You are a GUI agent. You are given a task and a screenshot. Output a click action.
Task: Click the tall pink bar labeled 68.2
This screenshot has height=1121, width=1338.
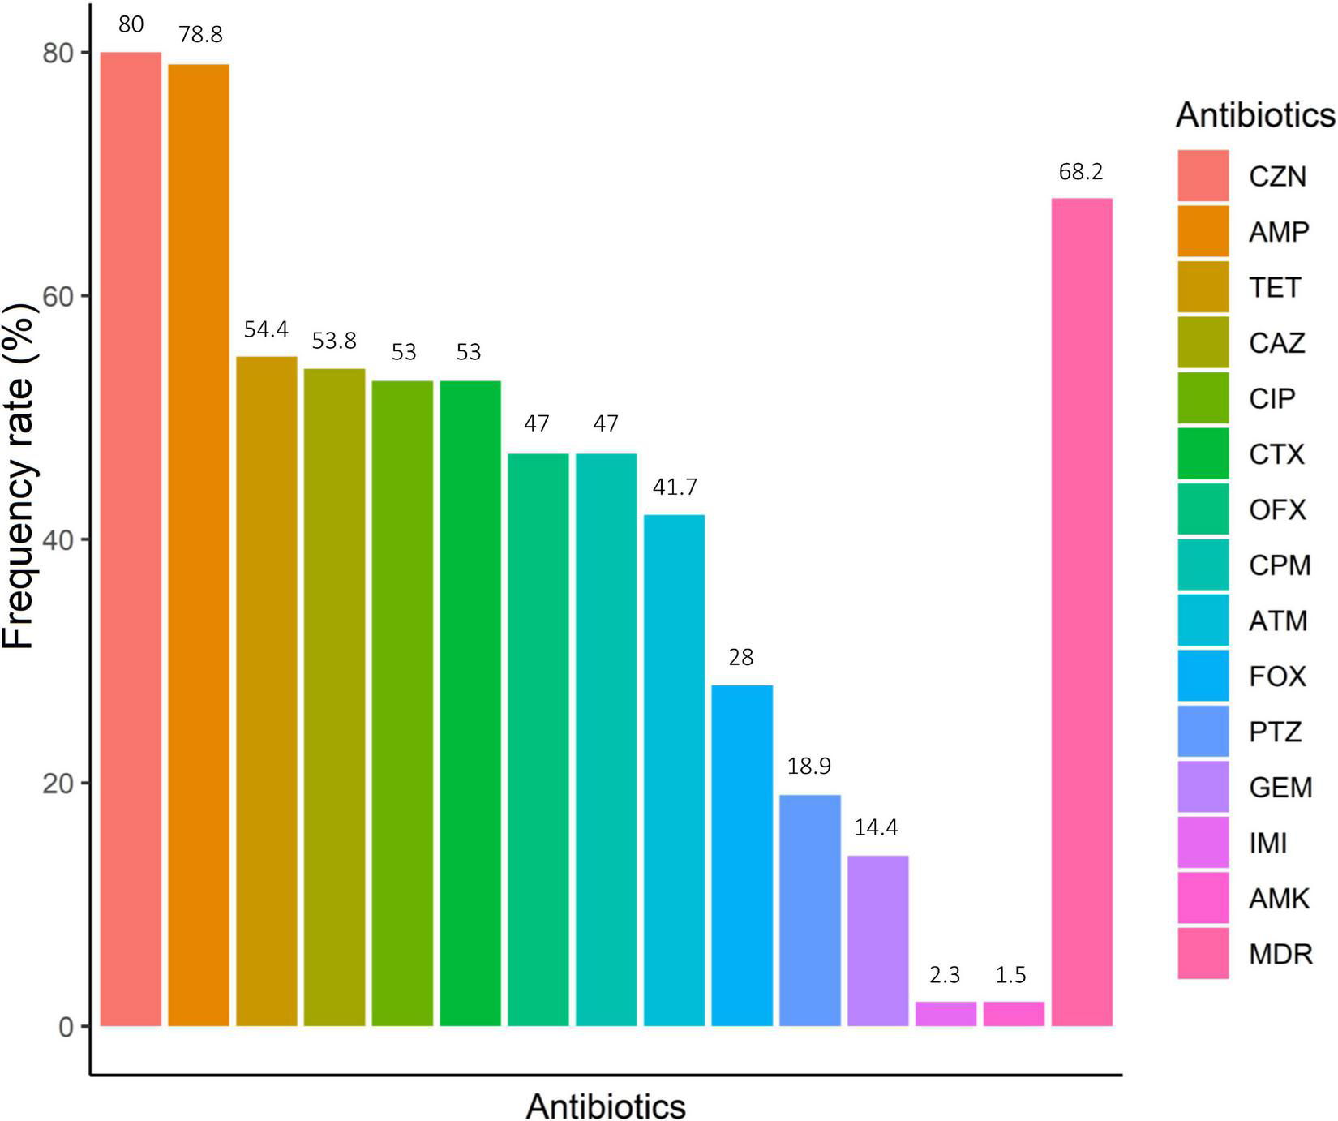pos(1081,612)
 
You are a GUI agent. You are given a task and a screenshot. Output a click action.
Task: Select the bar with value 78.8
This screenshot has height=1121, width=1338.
pos(199,545)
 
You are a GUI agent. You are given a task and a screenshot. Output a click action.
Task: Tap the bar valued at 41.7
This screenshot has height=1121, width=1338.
pos(674,771)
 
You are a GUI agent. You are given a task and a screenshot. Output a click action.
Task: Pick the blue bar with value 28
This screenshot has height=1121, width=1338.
pos(742,856)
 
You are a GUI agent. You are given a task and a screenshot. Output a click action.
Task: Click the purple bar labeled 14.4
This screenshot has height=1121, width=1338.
pos(877,941)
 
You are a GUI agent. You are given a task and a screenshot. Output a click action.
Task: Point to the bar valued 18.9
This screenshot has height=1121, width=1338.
pos(810,910)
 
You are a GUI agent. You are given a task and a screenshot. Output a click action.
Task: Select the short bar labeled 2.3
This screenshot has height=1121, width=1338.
pos(946,1014)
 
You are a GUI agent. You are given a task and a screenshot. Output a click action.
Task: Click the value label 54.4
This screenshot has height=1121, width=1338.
pos(266,329)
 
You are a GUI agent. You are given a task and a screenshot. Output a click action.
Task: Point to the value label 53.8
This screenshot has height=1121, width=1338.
pos(334,341)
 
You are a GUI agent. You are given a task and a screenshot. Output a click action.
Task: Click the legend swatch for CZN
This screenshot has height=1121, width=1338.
pos(1203,175)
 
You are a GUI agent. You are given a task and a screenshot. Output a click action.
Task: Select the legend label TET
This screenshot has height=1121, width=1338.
pos(1275,287)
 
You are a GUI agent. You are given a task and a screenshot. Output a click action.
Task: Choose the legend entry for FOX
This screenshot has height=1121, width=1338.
pos(1277,676)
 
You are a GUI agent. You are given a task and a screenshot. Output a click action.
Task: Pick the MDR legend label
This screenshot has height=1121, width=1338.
pos(1280,954)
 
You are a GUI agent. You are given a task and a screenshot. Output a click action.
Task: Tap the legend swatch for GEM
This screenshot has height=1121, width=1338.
pos(1203,787)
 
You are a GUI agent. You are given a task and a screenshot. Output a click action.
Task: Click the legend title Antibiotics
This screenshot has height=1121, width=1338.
pos(1254,115)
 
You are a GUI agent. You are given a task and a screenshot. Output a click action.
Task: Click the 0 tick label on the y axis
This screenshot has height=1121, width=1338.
pos(66,1027)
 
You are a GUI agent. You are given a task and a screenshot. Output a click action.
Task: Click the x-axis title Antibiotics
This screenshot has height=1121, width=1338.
pos(605,1106)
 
